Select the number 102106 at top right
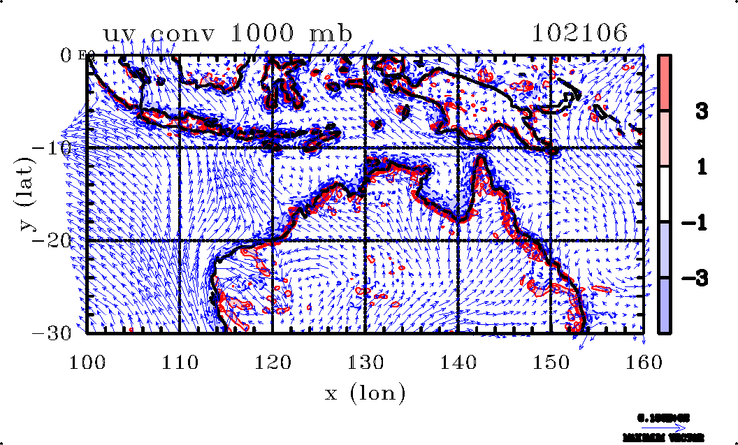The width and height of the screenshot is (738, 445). coord(579,33)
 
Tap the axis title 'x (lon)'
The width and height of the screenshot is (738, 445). coord(365,393)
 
